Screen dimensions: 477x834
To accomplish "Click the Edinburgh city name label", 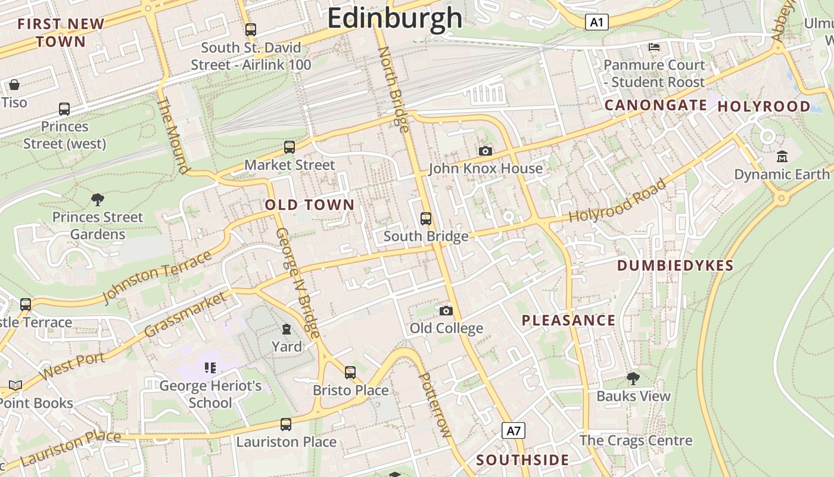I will pyautogui.click(x=394, y=18).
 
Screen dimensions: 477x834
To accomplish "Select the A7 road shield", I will pyautogui.click(x=514, y=430).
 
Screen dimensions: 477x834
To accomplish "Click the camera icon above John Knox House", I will pyautogui.click(x=486, y=151).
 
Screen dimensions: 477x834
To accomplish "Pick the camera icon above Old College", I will pyautogui.click(x=446, y=311).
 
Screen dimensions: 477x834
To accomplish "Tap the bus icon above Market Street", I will pyautogui.click(x=290, y=147).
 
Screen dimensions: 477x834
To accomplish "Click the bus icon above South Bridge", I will pyautogui.click(x=426, y=219).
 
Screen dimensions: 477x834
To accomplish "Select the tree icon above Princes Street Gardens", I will pyautogui.click(x=98, y=199).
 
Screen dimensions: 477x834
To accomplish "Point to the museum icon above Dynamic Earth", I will pyautogui.click(x=782, y=157).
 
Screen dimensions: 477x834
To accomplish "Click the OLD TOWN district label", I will pyautogui.click(x=310, y=205).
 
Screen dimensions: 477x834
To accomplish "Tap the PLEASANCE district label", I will pyautogui.click(x=568, y=320).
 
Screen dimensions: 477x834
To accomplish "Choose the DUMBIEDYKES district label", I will pyautogui.click(x=675, y=266).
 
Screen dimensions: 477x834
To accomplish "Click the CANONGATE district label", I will pyautogui.click(x=656, y=106).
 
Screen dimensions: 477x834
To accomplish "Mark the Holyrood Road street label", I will pyautogui.click(x=618, y=201).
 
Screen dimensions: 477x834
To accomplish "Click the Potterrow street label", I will pyautogui.click(x=434, y=405).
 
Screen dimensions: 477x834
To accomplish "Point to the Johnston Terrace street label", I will pyautogui.click(x=157, y=277).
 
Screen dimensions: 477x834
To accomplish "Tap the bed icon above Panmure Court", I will pyautogui.click(x=653, y=47).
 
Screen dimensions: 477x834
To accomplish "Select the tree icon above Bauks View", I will pyautogui.click(x=633, y=378).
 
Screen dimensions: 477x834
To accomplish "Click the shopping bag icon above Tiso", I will pyautogui.click(x=14, y=85).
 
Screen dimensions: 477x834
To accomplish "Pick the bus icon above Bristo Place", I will pyautogui.click(x=350, y=373).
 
